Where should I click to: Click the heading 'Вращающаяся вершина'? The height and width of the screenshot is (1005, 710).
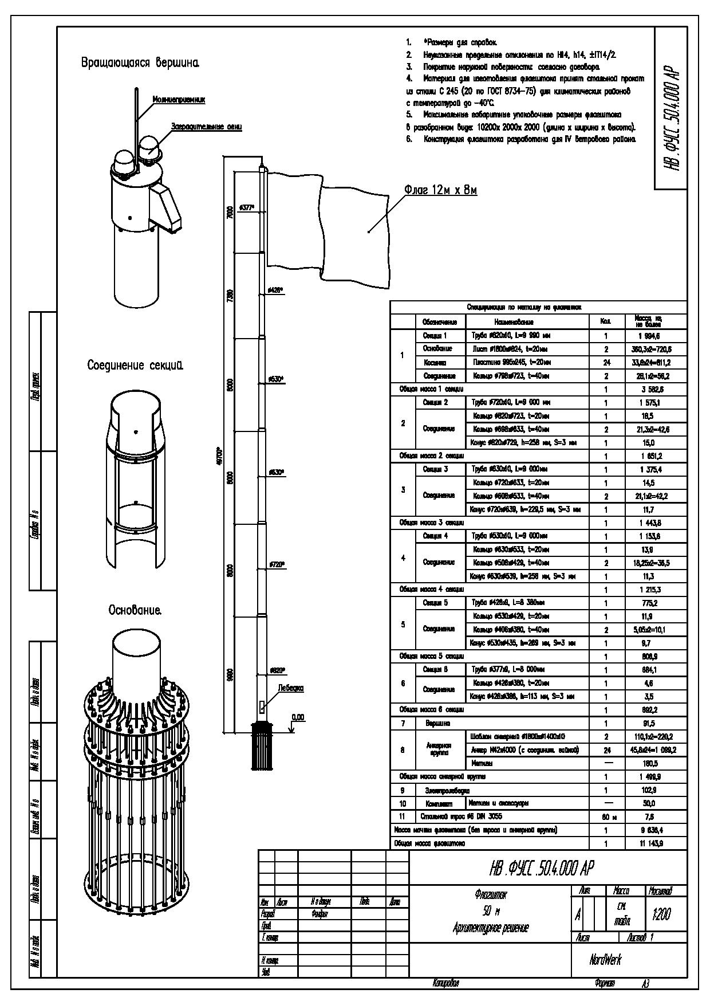(x=140, y=62)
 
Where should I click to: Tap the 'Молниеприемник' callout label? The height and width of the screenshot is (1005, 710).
(x=179, y=100)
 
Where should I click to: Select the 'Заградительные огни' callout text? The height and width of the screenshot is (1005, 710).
(x=207, y=126)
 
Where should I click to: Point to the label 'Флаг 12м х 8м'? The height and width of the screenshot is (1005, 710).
(x=440, y=190)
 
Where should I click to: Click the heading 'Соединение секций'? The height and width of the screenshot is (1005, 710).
(x=135, y=365)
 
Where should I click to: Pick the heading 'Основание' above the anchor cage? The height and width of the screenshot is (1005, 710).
(x=135, y=611)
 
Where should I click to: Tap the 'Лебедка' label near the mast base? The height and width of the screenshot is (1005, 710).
(x=291, y=688)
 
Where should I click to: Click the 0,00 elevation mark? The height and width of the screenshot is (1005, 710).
(x=298, y=717)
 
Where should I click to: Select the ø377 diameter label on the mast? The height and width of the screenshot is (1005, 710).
(x=246, y=207)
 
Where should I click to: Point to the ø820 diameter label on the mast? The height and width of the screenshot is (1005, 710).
(x=277, y=670)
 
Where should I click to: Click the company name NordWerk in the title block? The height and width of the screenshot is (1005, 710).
(x=605, y=959)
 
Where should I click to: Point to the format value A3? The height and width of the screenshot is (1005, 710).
(x=645, y=984)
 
